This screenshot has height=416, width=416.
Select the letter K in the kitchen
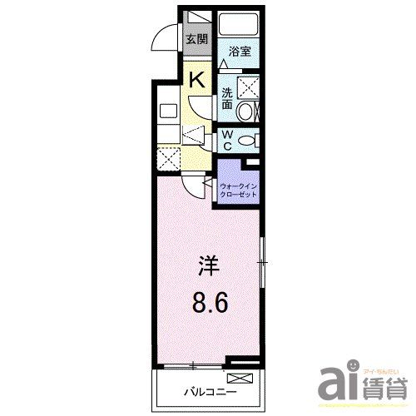point(197,80)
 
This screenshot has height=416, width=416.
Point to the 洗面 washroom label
point(227,98)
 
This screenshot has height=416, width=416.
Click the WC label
point(227,139)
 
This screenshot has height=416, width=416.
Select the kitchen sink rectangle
point(166,111)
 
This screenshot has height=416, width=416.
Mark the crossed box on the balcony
point(231,379)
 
